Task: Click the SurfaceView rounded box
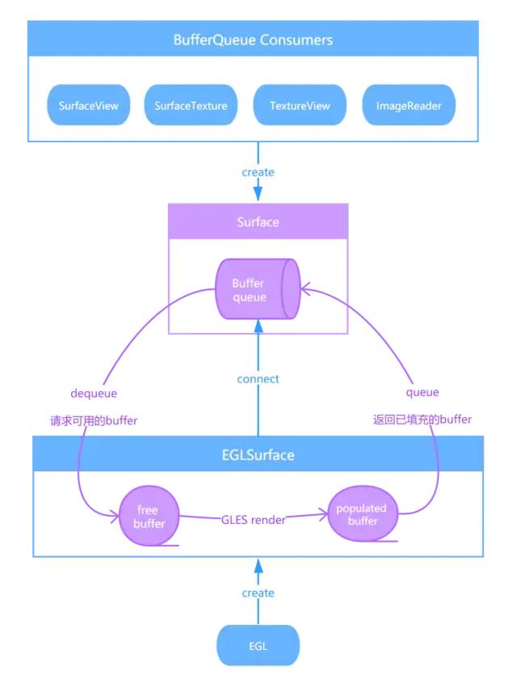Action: (x=89, y=106)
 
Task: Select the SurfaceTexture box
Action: (x=191, y=106)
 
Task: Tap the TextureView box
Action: (x=300, y=106)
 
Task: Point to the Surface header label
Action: (x=258, y=221)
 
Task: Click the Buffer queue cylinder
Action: (x=257, y=290)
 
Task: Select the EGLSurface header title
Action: (x=258, y=455)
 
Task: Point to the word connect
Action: (x=258, y=379)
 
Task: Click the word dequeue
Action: (x=95, y=393)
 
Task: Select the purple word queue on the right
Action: (x=422, y=392)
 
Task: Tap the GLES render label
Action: (x=253, y=520)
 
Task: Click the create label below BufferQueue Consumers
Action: (x=258, y=172)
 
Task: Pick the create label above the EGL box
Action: (x=258, y=593)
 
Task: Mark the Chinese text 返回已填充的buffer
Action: (x=422, y=420)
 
